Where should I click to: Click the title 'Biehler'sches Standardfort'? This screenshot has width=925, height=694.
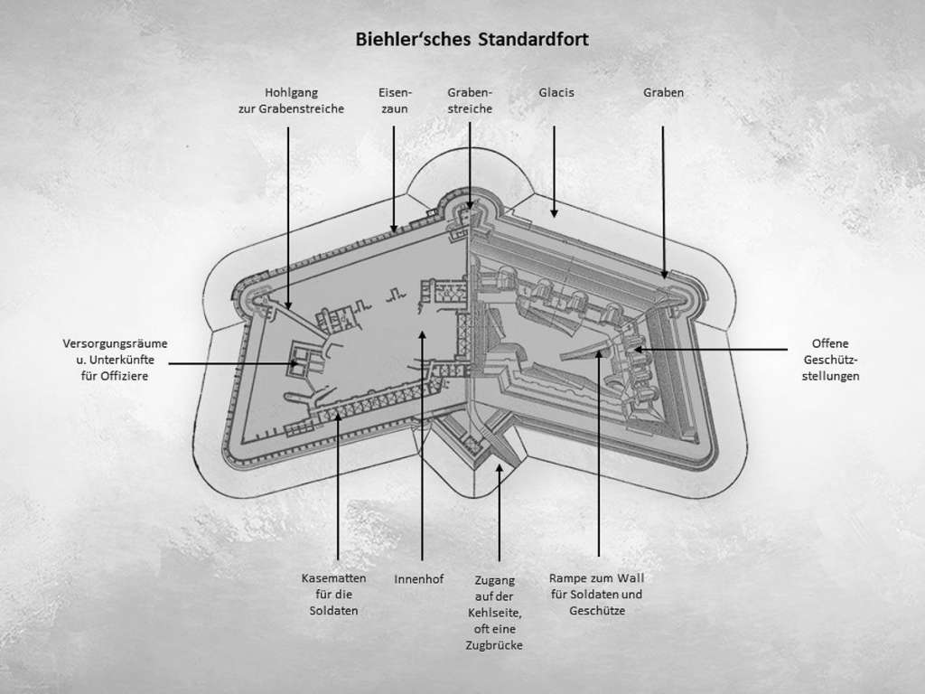click(472, 41)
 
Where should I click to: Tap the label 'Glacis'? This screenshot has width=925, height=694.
click(556, 92)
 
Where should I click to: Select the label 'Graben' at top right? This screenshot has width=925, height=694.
click(663, 92)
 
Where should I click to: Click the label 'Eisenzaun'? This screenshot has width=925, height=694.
click(394, 100)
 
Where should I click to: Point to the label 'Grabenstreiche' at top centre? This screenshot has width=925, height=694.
click(470, 100)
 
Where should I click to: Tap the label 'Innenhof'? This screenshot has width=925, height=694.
click(419, 579)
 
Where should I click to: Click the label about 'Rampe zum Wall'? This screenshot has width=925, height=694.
click(597, 595)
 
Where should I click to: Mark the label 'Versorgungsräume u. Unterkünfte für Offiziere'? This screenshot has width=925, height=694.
click(115, 360)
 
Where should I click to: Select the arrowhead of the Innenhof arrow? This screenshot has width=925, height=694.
click(422, 335)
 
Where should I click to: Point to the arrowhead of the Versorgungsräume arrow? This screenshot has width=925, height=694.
click(294, 363)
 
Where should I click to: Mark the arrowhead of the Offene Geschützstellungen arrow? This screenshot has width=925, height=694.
click(636, 349)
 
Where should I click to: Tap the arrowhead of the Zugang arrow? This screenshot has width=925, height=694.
click(500, 467)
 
